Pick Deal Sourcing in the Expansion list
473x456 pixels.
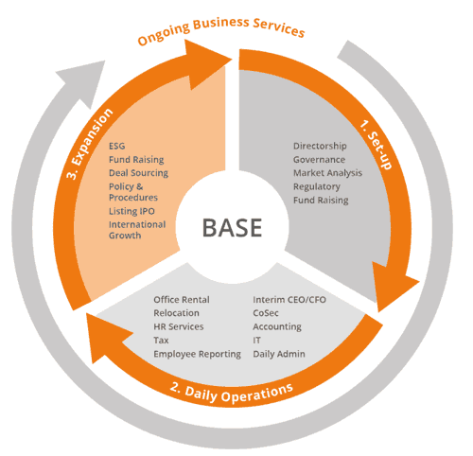click(138, 173)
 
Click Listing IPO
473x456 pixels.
click(132, 210)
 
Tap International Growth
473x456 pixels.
click(138, 229)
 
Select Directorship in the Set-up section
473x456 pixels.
click(320, 146)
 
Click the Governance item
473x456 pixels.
click(320, 160)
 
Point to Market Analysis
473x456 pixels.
click(326, 173)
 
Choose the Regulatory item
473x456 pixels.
click(317, 186)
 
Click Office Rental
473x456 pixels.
click(182, 300)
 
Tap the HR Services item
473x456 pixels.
click(178, 326)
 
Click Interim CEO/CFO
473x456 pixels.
click(289, 300)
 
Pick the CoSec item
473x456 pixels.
click(268, 313)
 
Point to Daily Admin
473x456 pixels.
click(279, 354)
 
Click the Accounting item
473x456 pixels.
click(277, 326)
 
